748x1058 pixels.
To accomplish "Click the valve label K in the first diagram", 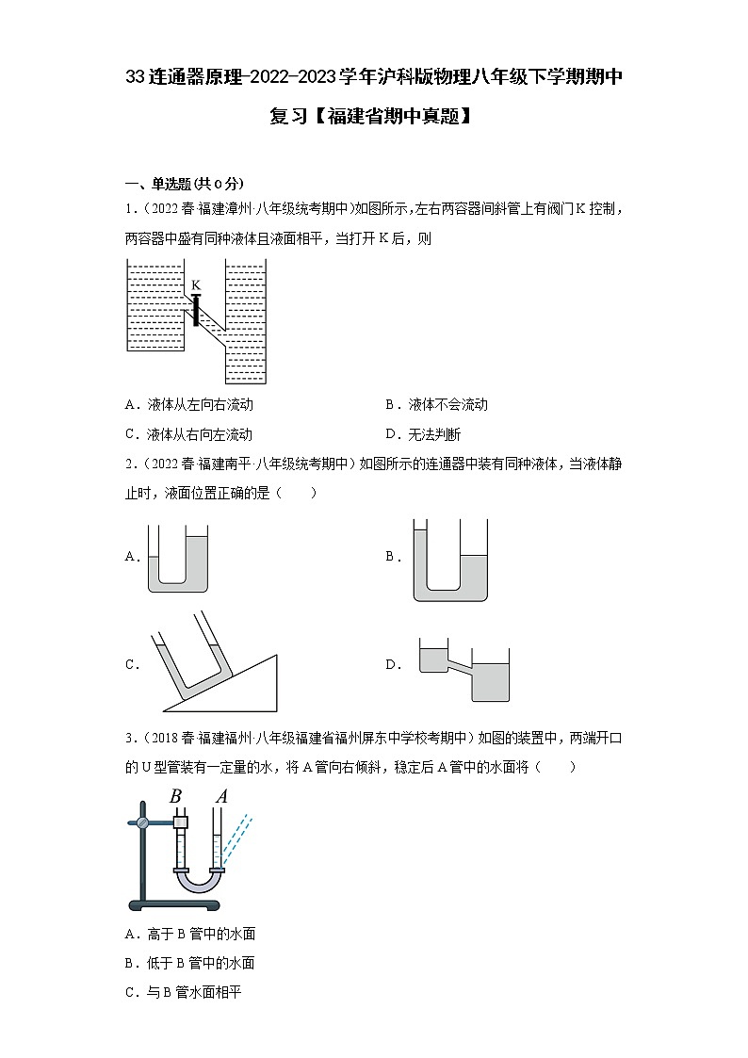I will [196, 285].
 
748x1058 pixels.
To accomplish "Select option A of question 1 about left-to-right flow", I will [188, 404].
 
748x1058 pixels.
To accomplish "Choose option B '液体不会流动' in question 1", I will [437, 404].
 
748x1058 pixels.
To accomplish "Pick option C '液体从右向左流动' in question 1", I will [188, 434].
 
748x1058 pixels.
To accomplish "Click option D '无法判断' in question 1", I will [423, 434].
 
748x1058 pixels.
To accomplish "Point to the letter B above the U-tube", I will [175, 797].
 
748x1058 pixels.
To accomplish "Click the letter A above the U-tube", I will [221, 797].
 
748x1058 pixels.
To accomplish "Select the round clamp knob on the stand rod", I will [141, 822].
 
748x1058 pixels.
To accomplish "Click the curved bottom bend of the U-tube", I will [201, 884].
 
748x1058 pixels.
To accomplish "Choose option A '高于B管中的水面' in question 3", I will [189, 934].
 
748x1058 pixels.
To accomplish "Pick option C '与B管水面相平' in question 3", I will [183, 992].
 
